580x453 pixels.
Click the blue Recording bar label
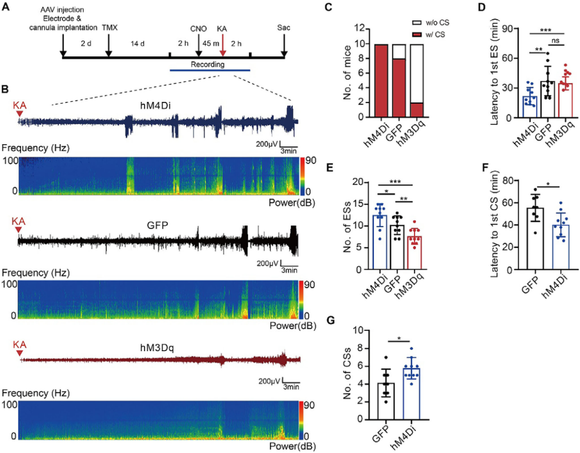209,64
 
